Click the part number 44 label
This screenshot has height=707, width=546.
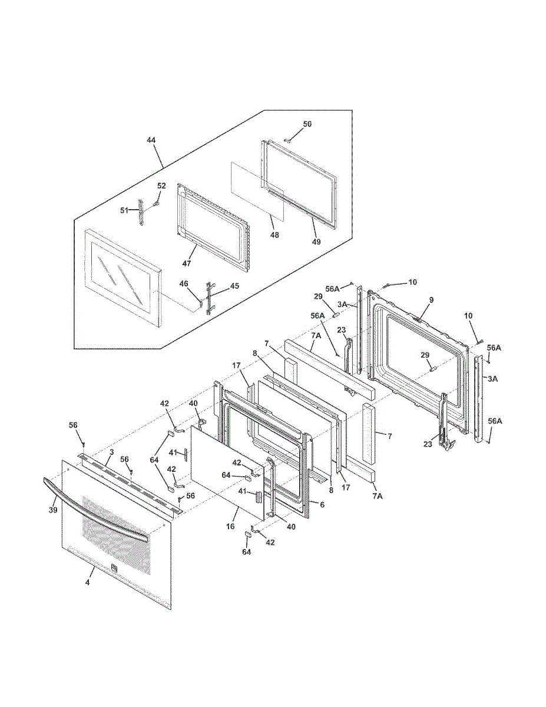click(151, 140)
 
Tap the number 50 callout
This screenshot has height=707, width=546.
click(307, 124)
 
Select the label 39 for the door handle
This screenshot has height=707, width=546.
click(52, 510)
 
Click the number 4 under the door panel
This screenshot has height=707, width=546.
click(88, 582)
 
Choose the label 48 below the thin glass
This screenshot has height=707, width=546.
click(274, 234)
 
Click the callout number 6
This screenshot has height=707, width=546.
click(322, 504)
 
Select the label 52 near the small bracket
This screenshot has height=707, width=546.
click(161, 186)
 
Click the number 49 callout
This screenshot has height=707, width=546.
click(316, 241)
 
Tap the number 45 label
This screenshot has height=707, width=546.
click(234, 286)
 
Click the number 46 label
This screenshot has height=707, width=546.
click(184, 284)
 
